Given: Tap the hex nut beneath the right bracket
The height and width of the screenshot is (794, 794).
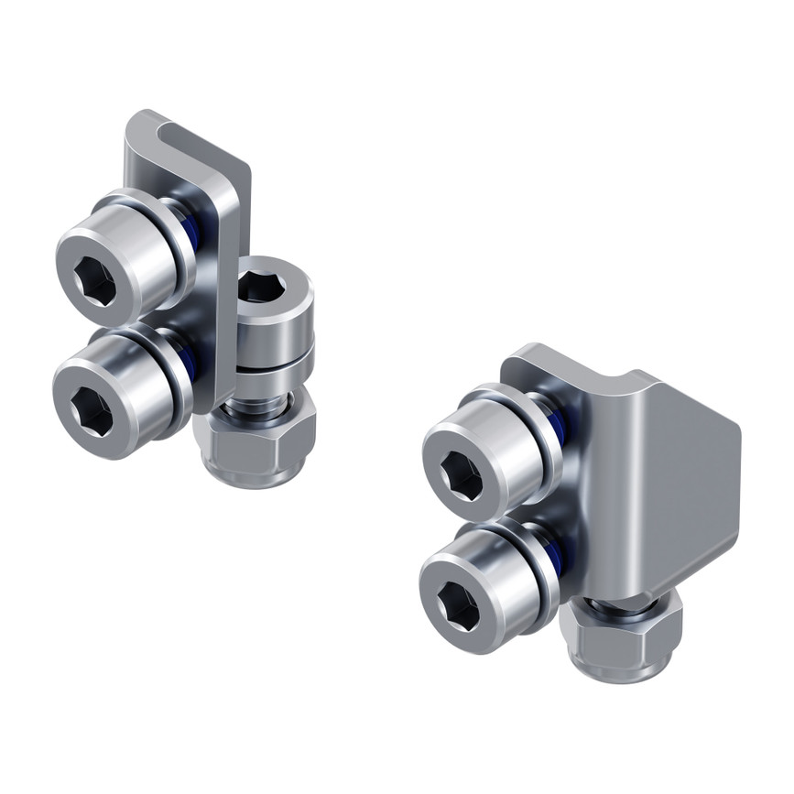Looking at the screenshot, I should pyautogui.click(x=623, y=641).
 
